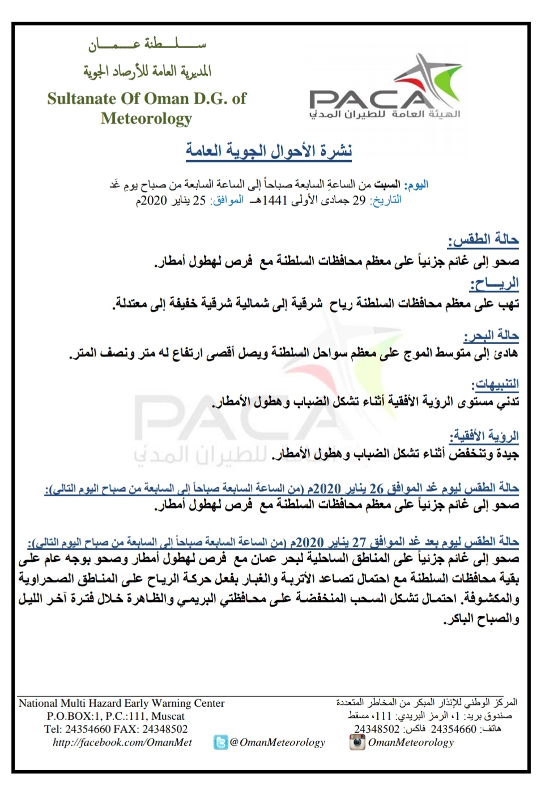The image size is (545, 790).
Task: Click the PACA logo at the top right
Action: coord(385,91)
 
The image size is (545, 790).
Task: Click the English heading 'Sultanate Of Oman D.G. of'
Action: coord(147,98)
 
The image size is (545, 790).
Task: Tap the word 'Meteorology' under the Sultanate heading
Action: coord(146,119)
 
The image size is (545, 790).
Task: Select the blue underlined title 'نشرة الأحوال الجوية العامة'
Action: coord(269,151)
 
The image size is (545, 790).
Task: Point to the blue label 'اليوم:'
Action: coord(416,184)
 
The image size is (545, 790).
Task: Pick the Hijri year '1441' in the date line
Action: coord(275,200)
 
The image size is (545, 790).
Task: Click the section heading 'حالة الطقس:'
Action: coord(483,240)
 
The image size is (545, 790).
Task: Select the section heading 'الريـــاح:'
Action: coord(494,282)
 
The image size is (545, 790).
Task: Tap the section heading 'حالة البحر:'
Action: coord(491,336)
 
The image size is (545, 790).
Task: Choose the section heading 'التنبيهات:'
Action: coord(495,384)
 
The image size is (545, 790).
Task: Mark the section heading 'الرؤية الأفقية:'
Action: coord(484,436)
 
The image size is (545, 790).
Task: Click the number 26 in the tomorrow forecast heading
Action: coord(377,488)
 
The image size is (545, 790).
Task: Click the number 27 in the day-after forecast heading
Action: coord(359,542)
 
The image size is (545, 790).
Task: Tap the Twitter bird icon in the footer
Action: coord(220,742)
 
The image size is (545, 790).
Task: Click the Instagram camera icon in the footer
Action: coord(357,742)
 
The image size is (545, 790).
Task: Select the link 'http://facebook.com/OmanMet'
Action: coord(122,742)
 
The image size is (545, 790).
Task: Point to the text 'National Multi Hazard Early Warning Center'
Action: coord(122,703)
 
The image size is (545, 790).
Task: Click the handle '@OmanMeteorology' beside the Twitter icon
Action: coord(278,742)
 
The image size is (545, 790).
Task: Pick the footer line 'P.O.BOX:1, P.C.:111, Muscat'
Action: coord(116,716)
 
